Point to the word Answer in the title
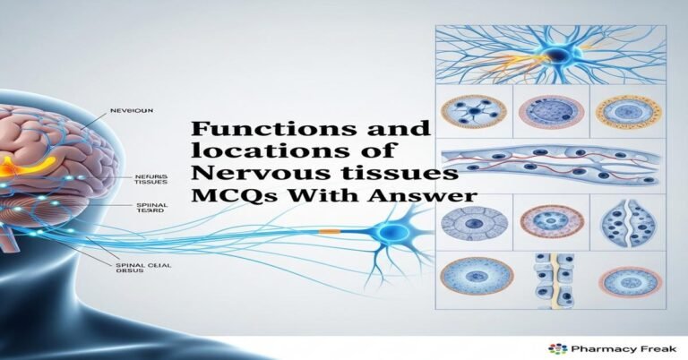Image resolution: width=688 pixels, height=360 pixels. (x=434, y=194)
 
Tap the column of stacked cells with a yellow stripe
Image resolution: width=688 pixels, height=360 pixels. (x=548, y=279)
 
